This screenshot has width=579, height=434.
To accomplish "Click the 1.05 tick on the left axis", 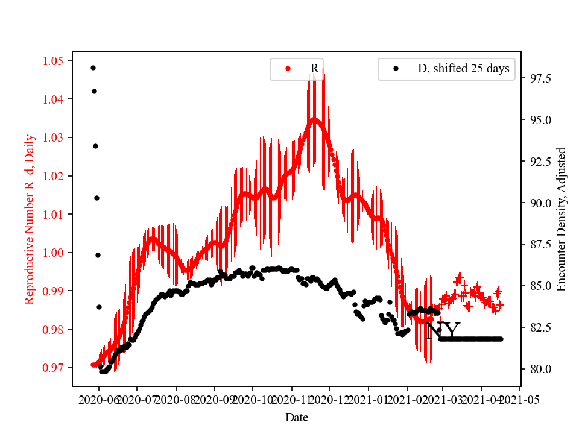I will [53, 61].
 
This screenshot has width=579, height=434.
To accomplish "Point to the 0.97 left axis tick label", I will [53, 368].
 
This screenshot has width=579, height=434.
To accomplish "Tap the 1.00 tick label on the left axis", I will [53, 253].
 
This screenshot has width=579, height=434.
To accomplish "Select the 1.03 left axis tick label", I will [53, 137].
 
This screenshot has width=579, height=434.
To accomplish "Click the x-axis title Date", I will [297, 417].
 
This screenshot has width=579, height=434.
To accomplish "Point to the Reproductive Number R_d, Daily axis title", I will [29, 219].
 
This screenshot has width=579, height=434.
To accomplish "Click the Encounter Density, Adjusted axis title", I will [562, 219].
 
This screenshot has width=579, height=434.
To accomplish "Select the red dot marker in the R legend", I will [288, 69].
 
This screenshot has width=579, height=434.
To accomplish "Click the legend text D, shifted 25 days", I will [464, 69].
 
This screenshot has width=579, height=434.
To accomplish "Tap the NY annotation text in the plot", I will [443, 330].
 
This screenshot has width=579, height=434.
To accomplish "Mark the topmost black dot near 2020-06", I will [93, 68].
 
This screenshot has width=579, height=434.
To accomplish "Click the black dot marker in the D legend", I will [396, 69].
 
